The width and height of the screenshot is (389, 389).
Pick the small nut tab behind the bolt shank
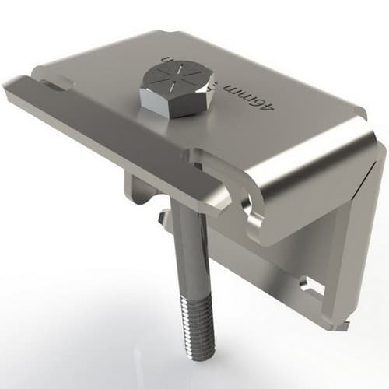point(163,222)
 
